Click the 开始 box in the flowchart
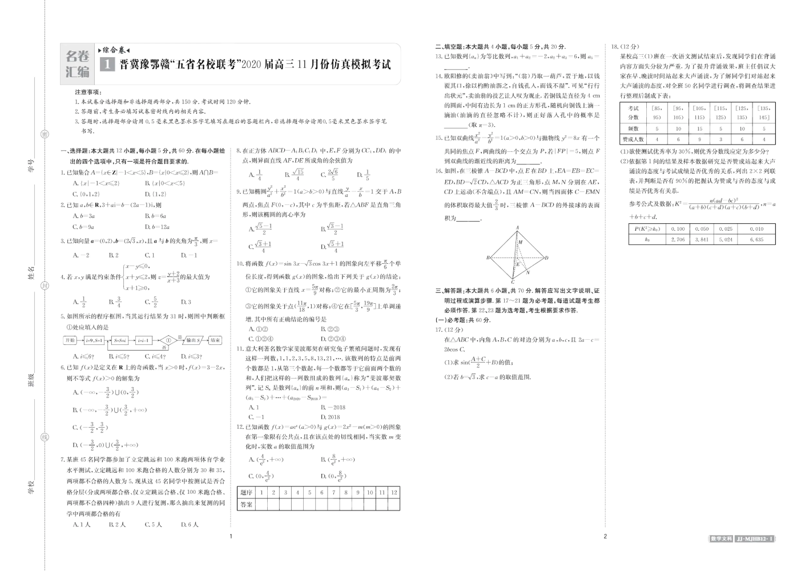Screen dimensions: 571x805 70,340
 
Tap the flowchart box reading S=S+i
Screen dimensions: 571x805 120,340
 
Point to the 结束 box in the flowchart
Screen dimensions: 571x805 215,340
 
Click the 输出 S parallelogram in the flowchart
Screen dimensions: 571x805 192,340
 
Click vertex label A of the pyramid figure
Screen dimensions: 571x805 517,228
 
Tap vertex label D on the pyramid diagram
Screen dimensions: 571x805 547,258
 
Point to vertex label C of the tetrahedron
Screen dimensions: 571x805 513,282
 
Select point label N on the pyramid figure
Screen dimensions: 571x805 528,273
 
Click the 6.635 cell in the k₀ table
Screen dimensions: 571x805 756,240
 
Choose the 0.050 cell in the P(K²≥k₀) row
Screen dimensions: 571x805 702,229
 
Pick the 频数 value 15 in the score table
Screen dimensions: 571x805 699,129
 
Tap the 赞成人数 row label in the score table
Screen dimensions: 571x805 633,139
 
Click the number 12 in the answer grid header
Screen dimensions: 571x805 394,492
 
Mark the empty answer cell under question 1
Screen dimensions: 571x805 261,505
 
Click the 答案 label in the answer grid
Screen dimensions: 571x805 246,505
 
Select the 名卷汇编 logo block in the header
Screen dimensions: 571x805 78,64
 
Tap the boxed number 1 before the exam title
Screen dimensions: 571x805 107,65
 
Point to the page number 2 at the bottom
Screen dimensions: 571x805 605,536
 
